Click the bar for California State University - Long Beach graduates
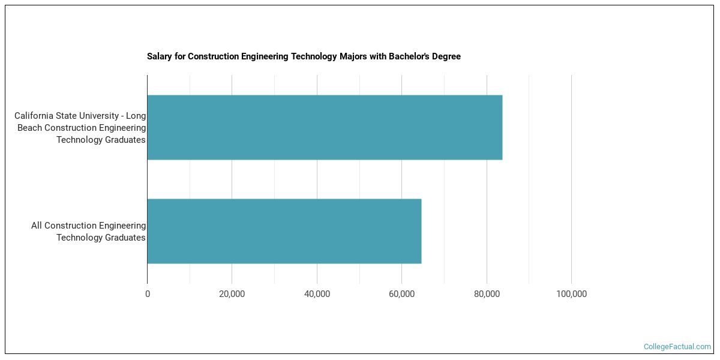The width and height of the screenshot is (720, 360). (x=324, y=127)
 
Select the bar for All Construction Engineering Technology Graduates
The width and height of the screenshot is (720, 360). (x=284, y=231)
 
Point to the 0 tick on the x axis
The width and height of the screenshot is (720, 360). (x=148, y=294)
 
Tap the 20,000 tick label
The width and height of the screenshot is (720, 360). (x=232, y=294)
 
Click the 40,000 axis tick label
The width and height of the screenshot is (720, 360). (x=317, y=294)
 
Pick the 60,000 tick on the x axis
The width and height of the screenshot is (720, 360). (x=401, y=294)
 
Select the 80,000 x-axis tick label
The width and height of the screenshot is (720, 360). (x=487, y=294)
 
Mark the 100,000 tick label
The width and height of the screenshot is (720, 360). (x=571, y=294)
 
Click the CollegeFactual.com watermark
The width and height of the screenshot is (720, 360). (x=677, y=347)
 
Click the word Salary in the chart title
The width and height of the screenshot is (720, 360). (x=158, y=56)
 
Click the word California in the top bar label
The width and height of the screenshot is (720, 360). (x=35, y=116)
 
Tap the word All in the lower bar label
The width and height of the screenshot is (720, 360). (x=37, y=226)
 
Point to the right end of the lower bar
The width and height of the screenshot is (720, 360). (x=421, y=231)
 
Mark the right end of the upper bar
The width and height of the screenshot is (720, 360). (x=502, y=127)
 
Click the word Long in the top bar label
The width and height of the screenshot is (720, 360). (x=136, y=116)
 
